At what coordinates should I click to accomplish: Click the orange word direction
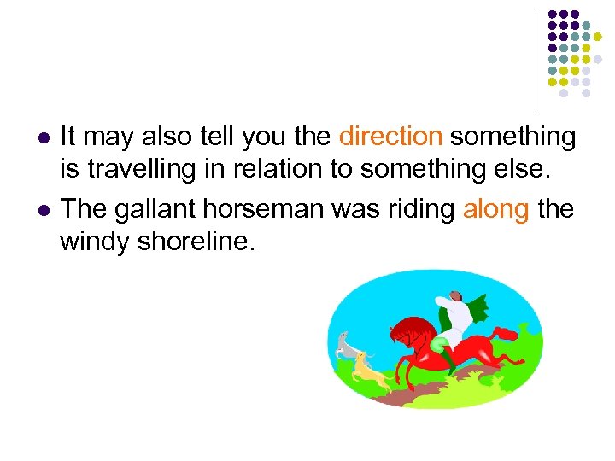click(x=391, y=137)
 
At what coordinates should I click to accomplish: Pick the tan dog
click(x=367, y=365)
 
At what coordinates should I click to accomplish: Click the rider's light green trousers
click(x=440, y=343)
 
